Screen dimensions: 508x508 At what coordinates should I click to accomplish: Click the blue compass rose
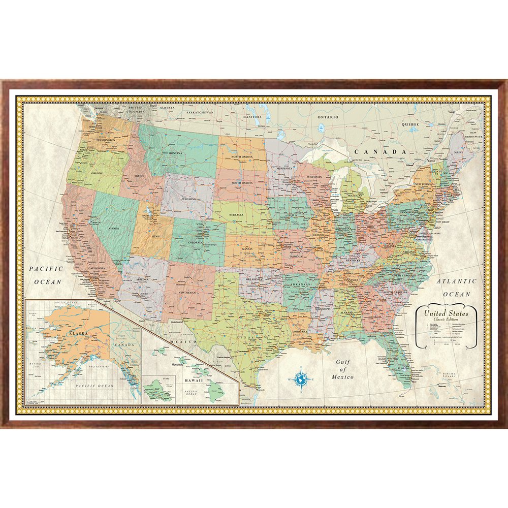301,378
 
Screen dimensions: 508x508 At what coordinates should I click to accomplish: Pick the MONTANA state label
175,153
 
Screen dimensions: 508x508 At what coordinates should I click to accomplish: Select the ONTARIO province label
328,117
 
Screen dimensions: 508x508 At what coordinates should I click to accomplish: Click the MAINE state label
459,151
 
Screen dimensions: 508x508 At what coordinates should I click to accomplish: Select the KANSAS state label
247,249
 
